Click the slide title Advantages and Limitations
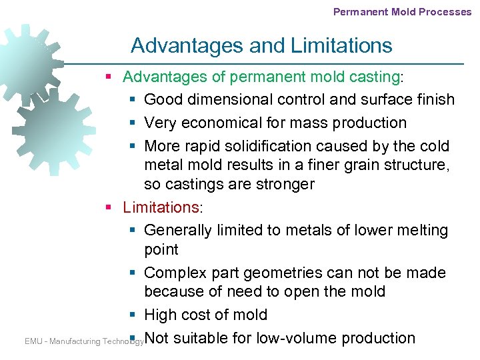261,45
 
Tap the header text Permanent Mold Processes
402,11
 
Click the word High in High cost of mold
159,315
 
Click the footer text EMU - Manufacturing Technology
84,341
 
